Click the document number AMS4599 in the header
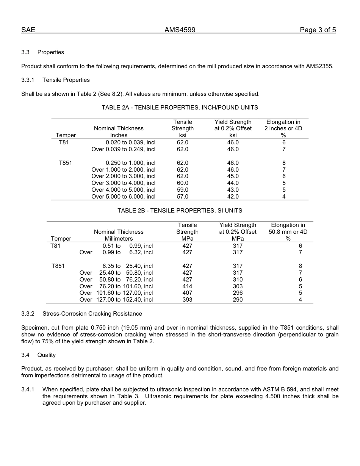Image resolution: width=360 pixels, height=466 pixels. [180, 30]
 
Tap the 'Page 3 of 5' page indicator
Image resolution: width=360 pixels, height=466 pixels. [318, 30]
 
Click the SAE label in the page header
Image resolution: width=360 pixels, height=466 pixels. [28, 30]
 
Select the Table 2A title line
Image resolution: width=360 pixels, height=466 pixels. [180, 108]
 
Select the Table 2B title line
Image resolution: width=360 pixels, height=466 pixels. [180, 210]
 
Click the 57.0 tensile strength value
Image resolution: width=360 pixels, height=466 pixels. [182, 197]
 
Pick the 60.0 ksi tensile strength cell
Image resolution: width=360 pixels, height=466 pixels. [182, 183]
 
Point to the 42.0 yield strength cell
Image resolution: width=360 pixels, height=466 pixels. [233, 197]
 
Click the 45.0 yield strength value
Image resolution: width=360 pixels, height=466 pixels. [233, 176]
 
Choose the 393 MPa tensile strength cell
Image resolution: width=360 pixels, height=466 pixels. [187, 300]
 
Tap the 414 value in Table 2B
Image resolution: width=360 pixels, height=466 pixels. [187, 286]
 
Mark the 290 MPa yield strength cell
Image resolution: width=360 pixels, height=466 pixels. [238, 300]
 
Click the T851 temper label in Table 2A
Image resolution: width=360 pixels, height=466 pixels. [65, 163]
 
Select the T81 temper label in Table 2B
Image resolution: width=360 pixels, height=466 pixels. [55, 246]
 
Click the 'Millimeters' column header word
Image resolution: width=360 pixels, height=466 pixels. [119, 239]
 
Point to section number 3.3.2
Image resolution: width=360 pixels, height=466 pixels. [28, 314]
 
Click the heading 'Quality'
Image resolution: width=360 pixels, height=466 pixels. [46, 355]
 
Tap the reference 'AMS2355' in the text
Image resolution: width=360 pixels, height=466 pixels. [319, 66]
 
